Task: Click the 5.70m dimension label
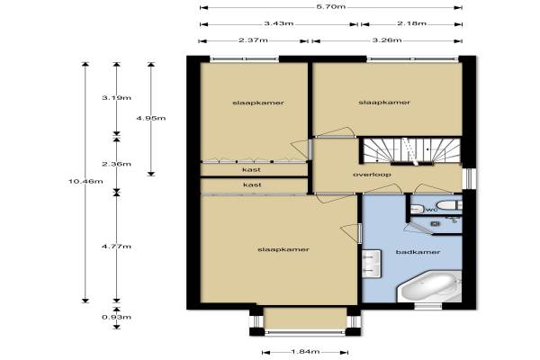pos(330,6)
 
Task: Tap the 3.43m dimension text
pos(279,23)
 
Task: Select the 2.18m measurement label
pos(411,23)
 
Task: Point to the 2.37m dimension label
pos(253,40)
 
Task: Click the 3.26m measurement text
pos(387,40)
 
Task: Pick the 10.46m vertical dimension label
pos(85,181)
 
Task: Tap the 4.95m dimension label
pos(151,118)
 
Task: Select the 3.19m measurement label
pos(116,98)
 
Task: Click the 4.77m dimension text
pos(116,247)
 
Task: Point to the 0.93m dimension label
pos(116,317)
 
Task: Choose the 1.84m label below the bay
pos(305,352)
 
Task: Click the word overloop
pos(372,175)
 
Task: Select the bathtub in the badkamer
pos(429,288)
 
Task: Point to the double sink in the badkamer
pos(372,264)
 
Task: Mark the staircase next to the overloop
pos(410,150)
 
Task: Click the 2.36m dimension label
pos(116,164)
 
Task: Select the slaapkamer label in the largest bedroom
pos(283,249)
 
